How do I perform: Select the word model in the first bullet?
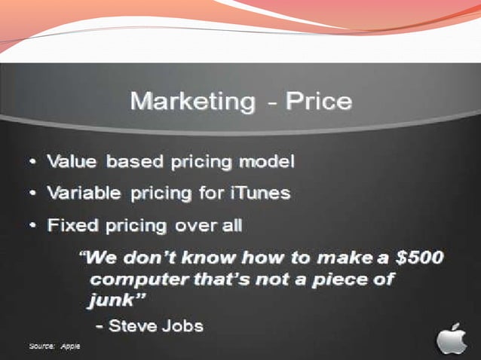click(x=265, y=161)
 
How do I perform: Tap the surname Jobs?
click(x=185, y=326)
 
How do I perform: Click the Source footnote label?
click(x=41, y=346)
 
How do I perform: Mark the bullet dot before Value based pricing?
click(x=35, y=162)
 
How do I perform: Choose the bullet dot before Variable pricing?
click(x=35, y=194)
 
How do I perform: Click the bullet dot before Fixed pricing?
click(x=35, y=226)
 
